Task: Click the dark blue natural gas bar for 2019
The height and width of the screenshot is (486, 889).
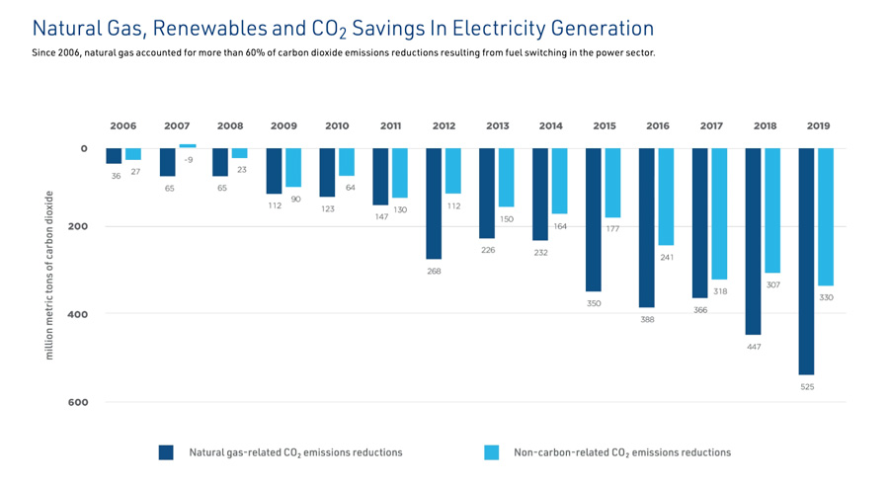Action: (x=806, y=261)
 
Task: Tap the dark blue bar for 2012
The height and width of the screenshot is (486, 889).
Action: (x=433, y=203)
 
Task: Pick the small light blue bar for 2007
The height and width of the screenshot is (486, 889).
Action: (x=188, y=146)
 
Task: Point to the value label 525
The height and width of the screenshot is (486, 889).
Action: (x=807, y=387)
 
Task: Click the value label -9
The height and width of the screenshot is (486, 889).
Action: (x=188, y=160)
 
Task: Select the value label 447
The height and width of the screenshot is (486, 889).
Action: (x=754, y=347)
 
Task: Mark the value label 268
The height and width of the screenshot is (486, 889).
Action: (x=434, y=271)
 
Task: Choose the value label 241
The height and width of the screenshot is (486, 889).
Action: (x=667, y=257)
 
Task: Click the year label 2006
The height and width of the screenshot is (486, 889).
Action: (x=123, y=126)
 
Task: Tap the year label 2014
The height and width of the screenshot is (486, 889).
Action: (x=551, y=126)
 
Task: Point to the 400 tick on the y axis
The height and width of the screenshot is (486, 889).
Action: (x=78, y=314)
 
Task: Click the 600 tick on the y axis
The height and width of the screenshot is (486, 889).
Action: (x=78, y=402)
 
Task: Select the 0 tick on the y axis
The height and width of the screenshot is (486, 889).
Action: (x=84, y=148)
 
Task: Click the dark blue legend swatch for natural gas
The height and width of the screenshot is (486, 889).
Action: (x=166, y=452)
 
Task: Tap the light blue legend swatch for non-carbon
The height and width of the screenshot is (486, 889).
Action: (x=491, y=452)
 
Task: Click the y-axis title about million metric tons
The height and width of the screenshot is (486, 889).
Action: (x=49, y=275)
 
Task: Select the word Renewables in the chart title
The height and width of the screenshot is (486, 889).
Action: (x=202, y=29)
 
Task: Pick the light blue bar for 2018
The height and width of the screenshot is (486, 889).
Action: (x=772, y=210)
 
